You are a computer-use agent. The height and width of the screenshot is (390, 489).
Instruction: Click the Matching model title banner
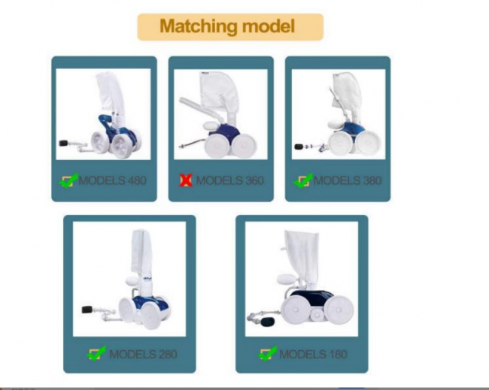coord(230,27)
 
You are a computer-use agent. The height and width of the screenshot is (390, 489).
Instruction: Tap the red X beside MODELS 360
coord(186,180)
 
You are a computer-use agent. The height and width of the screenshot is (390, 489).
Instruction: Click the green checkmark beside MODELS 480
coord(68,180)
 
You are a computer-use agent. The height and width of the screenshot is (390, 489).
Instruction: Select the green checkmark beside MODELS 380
coord(302,180)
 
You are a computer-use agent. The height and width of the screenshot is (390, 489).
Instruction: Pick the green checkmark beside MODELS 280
coord(96,353)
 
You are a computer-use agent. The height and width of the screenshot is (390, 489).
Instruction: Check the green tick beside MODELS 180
coord(268,353)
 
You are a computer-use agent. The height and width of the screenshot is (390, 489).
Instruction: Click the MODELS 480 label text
coord(113,180)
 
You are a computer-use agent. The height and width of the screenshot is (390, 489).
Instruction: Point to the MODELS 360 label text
coord(230,180)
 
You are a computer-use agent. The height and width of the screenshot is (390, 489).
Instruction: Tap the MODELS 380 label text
coord(347,180)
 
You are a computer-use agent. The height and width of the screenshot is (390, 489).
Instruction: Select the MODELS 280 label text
coord(143,354)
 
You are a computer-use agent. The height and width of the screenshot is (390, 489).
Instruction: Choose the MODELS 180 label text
coord(313,354)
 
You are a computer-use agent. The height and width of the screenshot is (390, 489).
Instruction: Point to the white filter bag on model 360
coord(216,90)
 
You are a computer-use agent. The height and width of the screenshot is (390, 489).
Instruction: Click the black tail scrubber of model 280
coord(87,310)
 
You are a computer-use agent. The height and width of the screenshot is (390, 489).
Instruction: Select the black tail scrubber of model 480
coord(65,144)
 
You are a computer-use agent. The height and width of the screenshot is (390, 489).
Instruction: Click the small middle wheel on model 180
coord(317,315)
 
